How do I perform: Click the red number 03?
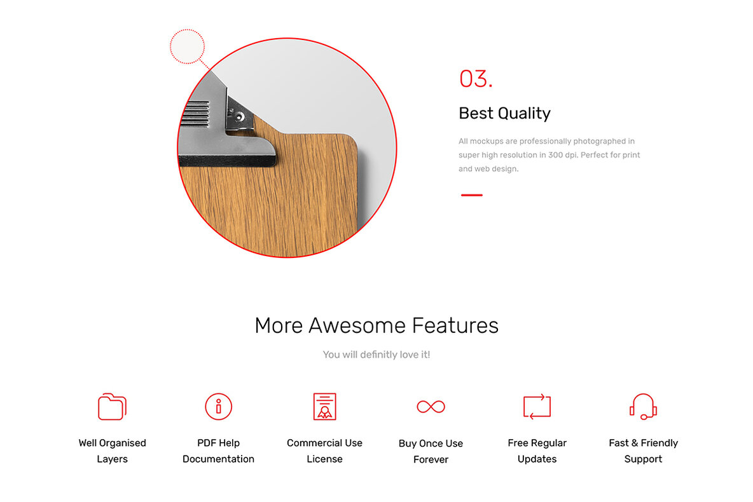pos(475,79)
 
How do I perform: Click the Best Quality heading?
pos(504,113)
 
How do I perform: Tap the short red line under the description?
pos(471,195)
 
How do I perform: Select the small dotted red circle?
pos(187,46)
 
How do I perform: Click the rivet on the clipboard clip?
pos(238,116)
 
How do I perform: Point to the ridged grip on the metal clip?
pos(195,115)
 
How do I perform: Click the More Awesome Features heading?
pos(376,325)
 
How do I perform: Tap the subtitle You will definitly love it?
pos(376,355)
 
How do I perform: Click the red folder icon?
pos(112,407)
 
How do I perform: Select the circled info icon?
pos(218,406)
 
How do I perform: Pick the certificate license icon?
pos(324,406)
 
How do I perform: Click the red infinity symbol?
pos(431,406)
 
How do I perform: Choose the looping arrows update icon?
pos(537,406)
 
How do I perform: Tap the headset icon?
pos(643,406)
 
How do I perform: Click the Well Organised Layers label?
pos(112,451)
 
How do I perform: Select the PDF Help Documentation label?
pos(218,451)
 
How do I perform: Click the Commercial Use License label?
pos(324,451)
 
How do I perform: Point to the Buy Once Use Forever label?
pos(431,451)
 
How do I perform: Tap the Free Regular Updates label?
pos(537,451)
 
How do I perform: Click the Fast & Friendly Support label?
pos(643,451)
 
